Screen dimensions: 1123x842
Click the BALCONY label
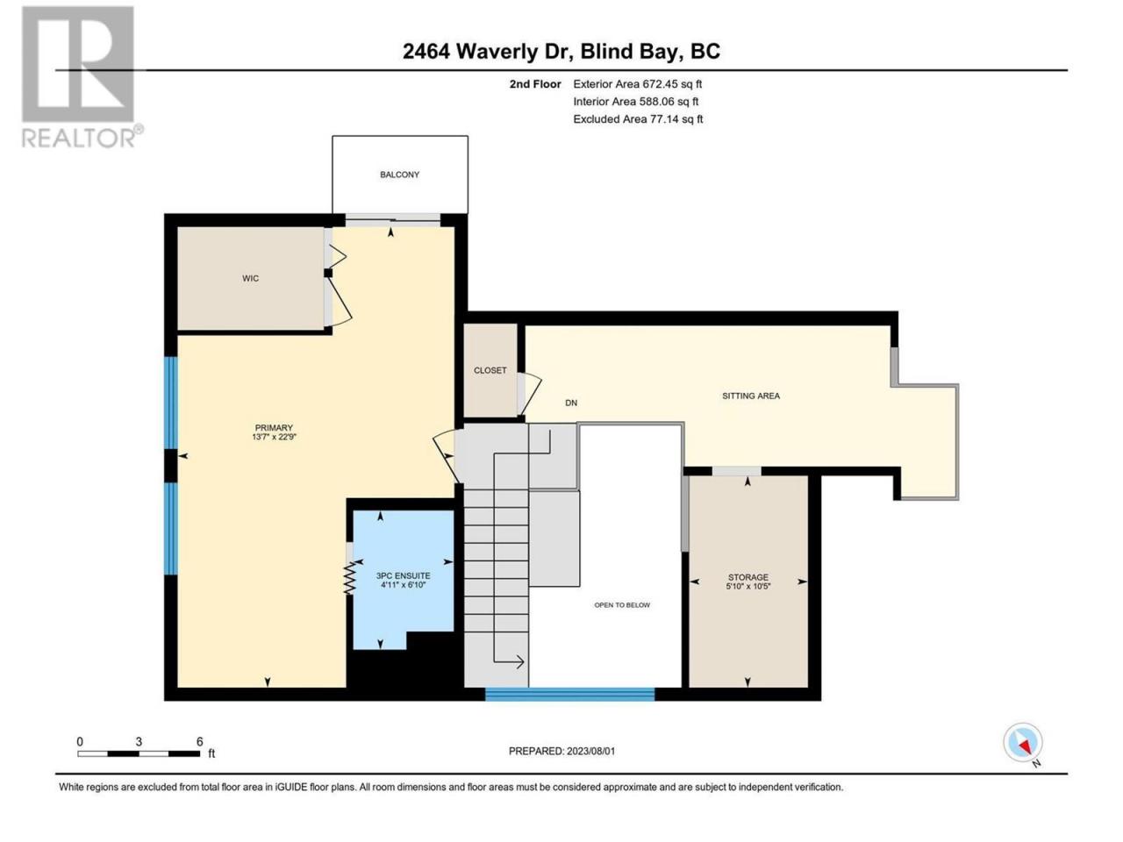pos(399,175)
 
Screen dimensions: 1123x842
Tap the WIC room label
pos(250,278)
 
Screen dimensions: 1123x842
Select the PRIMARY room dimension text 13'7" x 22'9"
pos(275,437)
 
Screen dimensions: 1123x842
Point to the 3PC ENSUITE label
pos(404,575)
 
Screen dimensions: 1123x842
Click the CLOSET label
pos(490,370)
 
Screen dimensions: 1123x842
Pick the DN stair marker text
pos(571,403)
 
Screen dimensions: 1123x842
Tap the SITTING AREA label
pos(750,396)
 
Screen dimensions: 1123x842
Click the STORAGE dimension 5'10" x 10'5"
pos(748,587)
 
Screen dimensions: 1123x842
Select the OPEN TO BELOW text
pos(622,605)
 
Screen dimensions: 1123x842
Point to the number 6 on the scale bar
pos(199,741)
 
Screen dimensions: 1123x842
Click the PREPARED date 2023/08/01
pos(591,751)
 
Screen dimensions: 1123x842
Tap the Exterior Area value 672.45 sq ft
pos(672,84)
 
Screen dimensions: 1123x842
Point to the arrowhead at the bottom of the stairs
pos(519,662)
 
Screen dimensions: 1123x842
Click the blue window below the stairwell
pos(569,695)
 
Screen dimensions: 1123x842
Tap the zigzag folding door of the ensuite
pos(350,578)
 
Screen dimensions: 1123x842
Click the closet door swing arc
pos(530,394)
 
